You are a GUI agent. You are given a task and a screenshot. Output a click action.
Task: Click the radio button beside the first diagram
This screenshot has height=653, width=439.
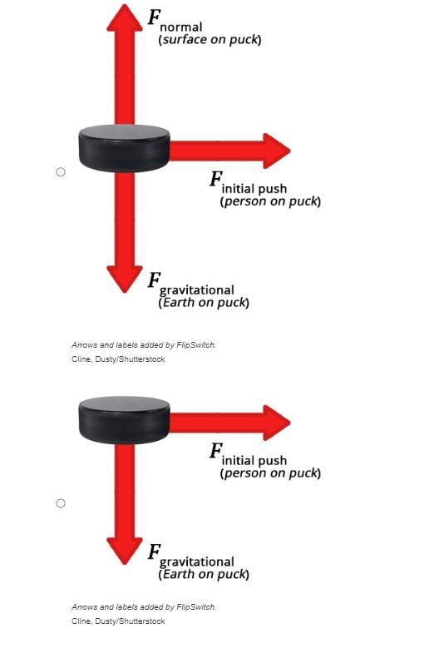pos(61,172)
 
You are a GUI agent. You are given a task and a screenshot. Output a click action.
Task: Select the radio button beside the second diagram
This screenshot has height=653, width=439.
pos(61,503)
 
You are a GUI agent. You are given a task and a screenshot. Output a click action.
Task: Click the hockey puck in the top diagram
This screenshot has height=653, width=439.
pos(124,148)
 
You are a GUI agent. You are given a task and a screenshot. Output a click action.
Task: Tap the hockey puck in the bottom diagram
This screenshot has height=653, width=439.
pos(124,420)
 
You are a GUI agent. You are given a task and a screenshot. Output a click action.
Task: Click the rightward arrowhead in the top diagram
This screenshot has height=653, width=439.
pos(277,151)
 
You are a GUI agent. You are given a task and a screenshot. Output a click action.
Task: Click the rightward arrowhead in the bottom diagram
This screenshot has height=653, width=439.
pos(277,423)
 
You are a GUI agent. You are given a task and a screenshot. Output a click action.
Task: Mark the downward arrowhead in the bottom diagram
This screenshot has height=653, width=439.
pos(125,551)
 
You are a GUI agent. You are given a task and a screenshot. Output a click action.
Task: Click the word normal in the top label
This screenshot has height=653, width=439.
pos(181,27)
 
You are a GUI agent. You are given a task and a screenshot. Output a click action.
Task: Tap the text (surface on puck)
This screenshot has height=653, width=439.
pos(210,40)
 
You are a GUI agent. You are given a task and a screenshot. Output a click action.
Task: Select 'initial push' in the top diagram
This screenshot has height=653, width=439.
pos(254,189)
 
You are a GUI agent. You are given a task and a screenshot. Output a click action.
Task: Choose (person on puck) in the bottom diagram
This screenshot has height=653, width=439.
pos(270,473)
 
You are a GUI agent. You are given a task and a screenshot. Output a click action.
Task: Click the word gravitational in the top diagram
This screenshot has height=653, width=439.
pos(197,290)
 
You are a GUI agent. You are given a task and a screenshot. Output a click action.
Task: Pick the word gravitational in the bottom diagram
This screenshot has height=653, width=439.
pos(197,562)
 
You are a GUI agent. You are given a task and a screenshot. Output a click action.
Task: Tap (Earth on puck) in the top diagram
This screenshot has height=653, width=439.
pos(204,302)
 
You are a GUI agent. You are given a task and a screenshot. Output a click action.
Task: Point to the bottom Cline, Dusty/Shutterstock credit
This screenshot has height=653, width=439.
pos(118,621)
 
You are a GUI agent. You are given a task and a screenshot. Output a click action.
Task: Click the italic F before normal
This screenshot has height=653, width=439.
pos(155,17)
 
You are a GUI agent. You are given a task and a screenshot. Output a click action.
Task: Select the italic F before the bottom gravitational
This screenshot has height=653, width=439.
pos(155,552)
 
